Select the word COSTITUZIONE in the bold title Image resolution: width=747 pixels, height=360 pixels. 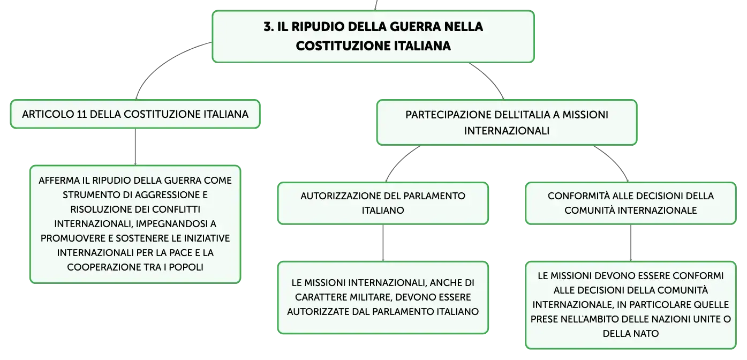pos(343,46)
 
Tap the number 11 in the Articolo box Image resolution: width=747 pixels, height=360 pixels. pos(82,115)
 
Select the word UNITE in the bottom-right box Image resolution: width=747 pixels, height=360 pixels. pos(708,319)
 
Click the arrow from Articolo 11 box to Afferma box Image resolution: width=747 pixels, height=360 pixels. pos(135,147)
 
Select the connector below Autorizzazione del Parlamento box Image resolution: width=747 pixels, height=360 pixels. pos(383,243)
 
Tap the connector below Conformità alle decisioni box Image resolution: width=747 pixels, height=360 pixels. pos(631,243)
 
